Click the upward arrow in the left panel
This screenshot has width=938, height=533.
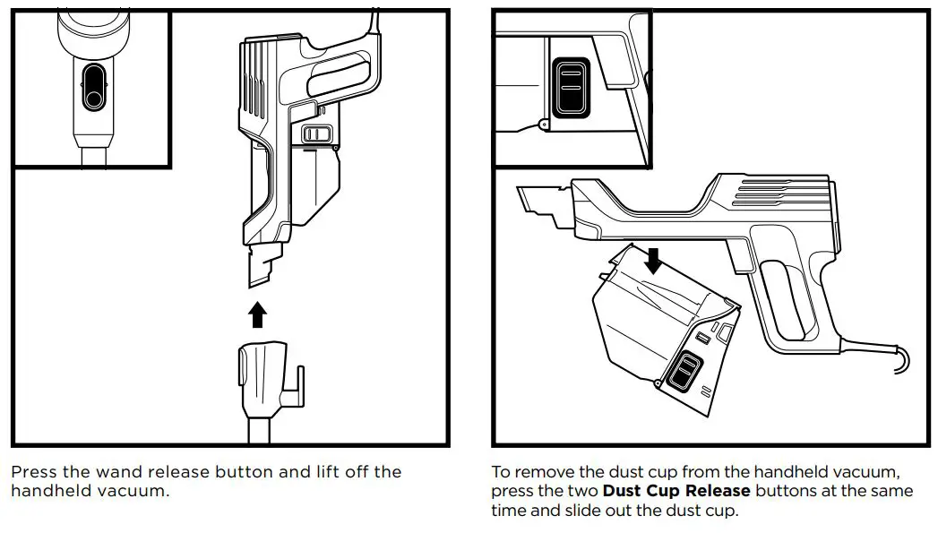[257, 314]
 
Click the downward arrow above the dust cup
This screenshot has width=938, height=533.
[654, 261]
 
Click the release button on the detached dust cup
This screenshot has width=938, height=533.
[687, 372]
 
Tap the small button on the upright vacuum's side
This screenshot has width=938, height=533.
[316, 134]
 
